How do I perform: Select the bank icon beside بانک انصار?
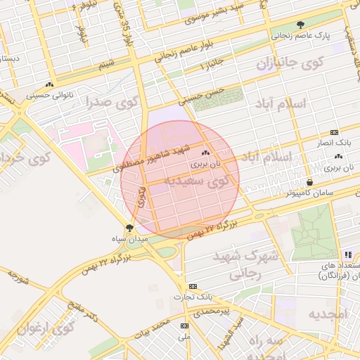click(334, 132)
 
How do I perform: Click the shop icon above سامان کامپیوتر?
click(309, 183)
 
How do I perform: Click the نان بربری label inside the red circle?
click(209, 162)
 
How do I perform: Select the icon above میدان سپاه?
click(129, 227)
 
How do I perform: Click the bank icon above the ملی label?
click(184, 326)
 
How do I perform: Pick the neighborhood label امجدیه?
click(328, 314)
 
